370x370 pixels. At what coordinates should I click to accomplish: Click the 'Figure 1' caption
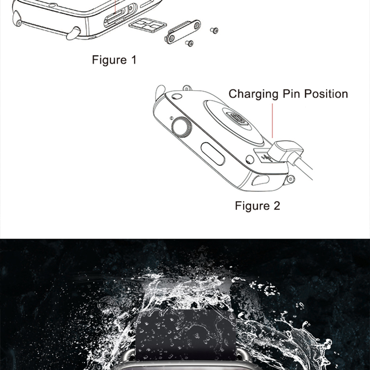pyautogui.click(x=114, y=60)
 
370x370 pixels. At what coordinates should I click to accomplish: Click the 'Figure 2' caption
pyautogui.click(x=258, y=206)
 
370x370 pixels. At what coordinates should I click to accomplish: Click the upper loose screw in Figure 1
pyautogui.click(x=214, y=30)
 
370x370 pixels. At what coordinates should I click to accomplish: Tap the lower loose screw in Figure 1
pyautogui.click(x=189, y=44)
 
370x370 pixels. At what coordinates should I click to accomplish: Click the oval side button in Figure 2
pyautogui.click(x=213, y=153)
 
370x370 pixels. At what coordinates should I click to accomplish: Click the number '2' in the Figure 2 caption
pyautogui.click(x=276, y=206)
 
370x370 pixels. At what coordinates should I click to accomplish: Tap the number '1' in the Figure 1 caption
pyautogui.click(x=134, y=60)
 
